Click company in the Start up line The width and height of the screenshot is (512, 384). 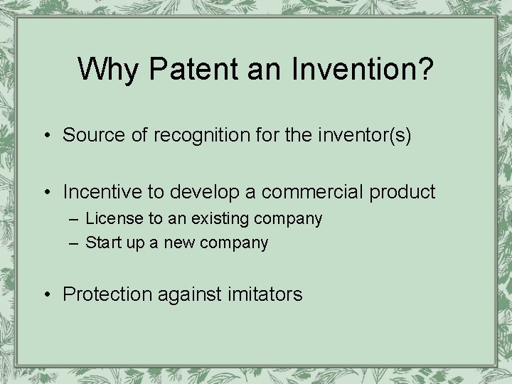(x=234, y=243)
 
